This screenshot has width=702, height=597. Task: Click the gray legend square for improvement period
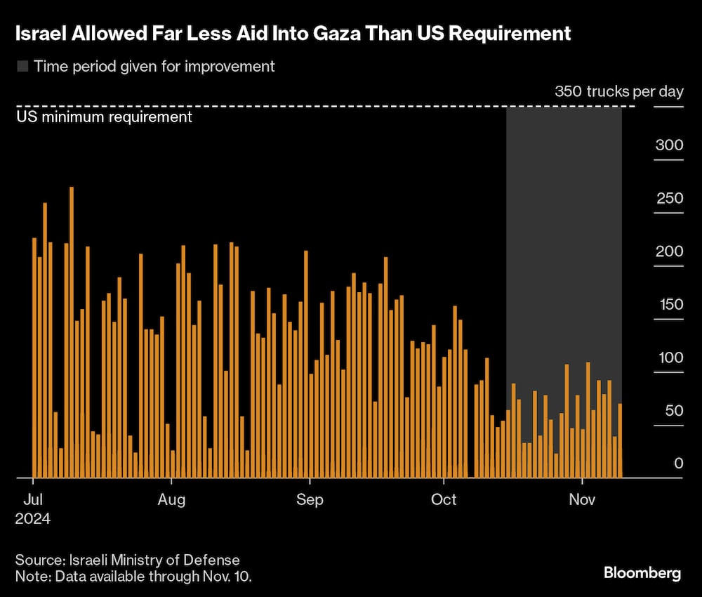tap(22, 67)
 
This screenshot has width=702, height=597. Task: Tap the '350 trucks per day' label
tap(618, 92)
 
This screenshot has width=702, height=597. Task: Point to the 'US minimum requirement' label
tap(104, 117)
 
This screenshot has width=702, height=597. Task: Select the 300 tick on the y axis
tap(668, 145)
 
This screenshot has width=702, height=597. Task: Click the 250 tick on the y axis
tap(668, 199)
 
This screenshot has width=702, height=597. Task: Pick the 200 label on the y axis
tap(668, 251)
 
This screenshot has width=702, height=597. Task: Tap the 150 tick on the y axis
tap(668, 305)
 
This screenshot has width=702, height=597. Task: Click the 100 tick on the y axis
tap(668, 357)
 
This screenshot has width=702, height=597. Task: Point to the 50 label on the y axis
tap(672, 410)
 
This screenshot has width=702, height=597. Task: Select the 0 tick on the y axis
tap(678, 464)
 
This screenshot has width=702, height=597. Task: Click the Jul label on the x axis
tap(33, 500)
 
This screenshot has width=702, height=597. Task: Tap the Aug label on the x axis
tap(171, 500)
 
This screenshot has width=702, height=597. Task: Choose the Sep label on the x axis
tap(309, 500)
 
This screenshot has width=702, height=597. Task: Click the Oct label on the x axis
tap(444, 500)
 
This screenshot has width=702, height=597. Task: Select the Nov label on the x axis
tap(582, 500)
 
